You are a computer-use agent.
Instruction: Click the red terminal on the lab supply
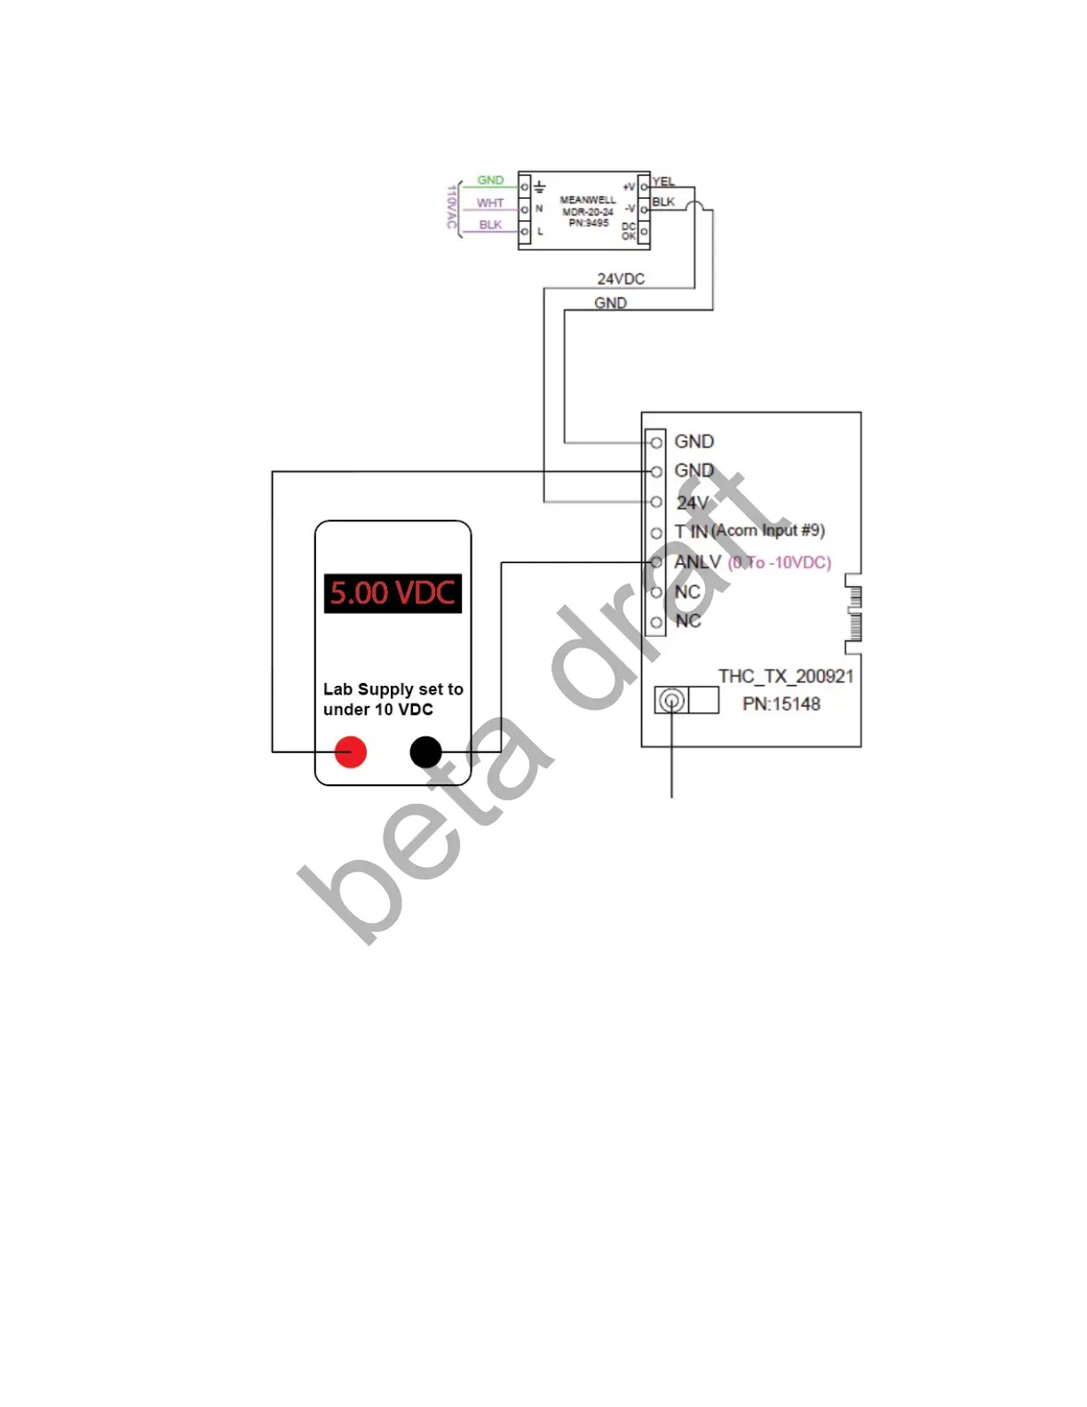click(351, 752)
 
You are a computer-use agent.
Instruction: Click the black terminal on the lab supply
click(426, 752)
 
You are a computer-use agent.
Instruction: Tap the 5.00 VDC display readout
click(393, 592)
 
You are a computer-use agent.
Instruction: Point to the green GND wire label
click(490, 180)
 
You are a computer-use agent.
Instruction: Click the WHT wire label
click(490, 203)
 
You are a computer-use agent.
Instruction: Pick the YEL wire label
click(663, 182)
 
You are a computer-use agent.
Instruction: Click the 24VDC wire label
click(621, 279)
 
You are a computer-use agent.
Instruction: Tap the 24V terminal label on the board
click(693, 503)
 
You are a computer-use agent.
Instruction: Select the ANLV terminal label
click(697, 562)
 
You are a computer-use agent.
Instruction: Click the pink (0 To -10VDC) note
click(780, 562)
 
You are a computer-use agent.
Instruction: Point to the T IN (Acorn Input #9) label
click(750, 531)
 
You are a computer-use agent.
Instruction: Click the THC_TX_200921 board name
click(786, 677)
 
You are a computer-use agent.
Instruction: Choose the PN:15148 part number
click(782, 704)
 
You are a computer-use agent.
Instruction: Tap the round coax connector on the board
click(672, 701)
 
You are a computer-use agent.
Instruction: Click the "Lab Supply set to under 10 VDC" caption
click(393, 699)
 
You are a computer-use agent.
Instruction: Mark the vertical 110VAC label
click(451, 207)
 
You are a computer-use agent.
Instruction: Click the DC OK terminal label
click(629, 232)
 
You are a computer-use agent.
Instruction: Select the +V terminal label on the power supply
click(629, 187)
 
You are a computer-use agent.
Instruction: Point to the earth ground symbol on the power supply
click(539, 187)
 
